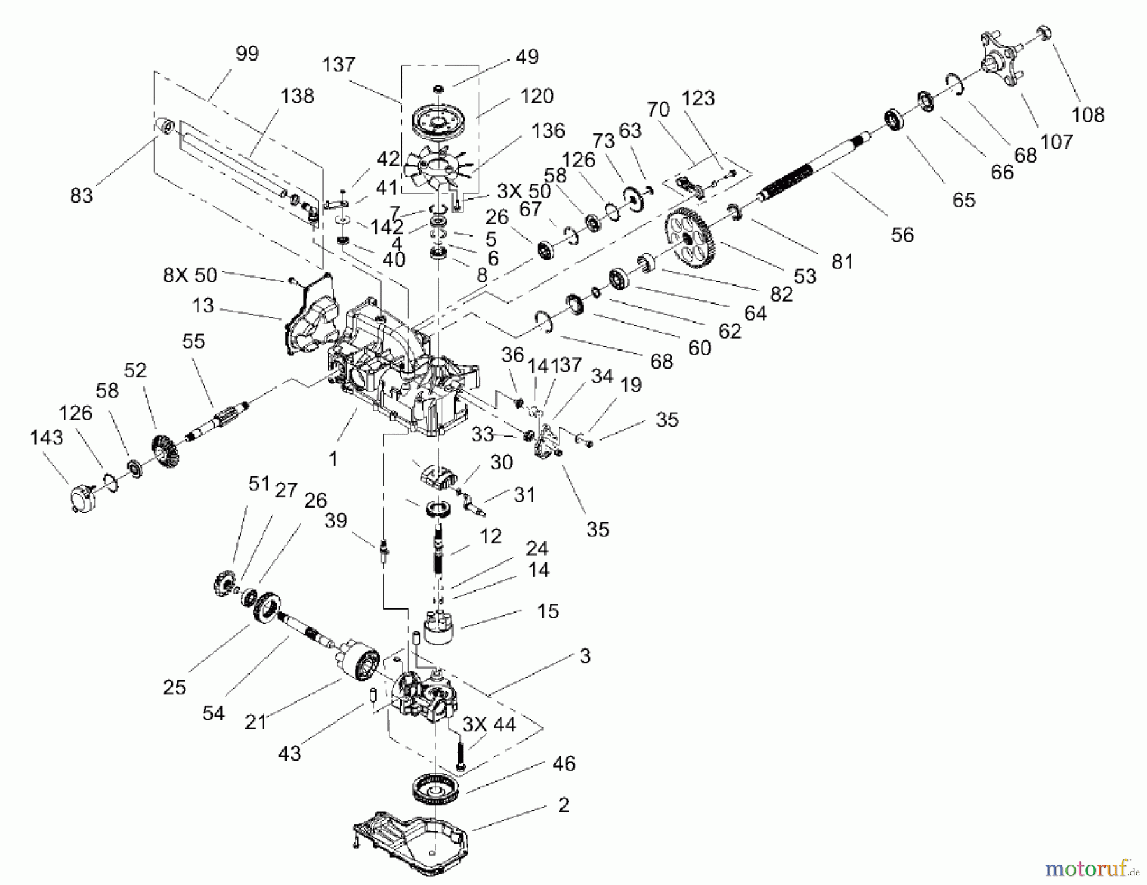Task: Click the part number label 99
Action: tap(247, 54)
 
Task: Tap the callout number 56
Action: tap(902, 235)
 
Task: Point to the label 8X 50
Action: tap(190, 276)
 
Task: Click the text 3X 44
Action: tap(489, 724)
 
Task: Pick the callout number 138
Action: tap(297, 96)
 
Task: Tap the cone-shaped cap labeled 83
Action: tap(164, 126)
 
